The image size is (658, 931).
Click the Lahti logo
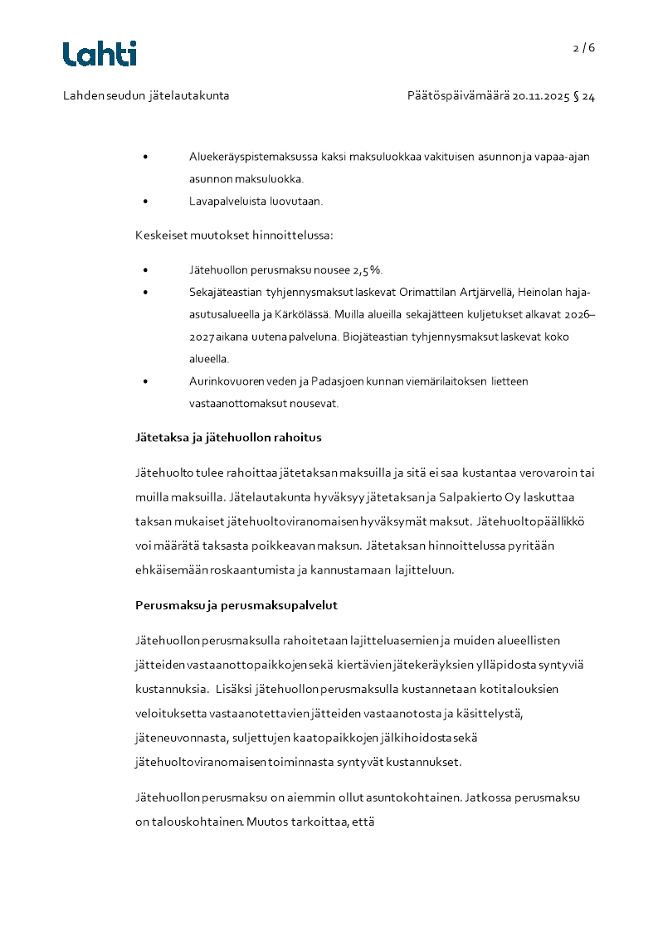tap(100, 54)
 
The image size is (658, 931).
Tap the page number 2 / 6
tap(584, 48)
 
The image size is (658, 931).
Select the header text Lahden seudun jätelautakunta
tap(146, 96)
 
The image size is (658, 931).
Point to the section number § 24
tap(584, 96)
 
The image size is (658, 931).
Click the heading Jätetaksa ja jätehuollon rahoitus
tap(228, 437)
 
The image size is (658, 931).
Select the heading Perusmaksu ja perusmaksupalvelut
tap(236, 604)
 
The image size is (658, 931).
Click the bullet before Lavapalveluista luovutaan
tap(146, 201)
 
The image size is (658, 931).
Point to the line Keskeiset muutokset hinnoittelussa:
tap(234, 235)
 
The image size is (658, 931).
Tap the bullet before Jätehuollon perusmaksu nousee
tap(146, 270)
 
